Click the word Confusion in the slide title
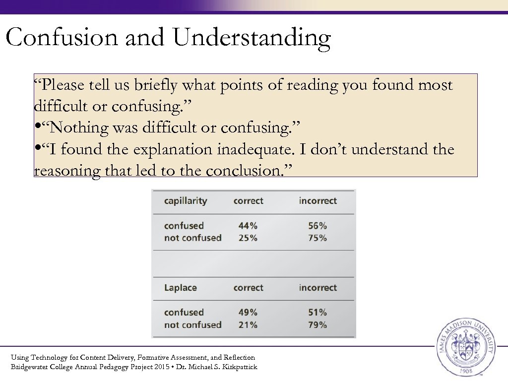62,38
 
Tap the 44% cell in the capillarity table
248,226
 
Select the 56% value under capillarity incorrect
317,226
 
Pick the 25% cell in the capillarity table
248,238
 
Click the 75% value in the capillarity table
317,238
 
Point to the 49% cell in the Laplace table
248,313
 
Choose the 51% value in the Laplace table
317,313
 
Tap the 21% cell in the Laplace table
248,325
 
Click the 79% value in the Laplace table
317,325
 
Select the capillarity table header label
186,201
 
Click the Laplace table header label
181,288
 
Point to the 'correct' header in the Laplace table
249,288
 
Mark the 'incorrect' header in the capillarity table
317,201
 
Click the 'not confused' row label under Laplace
192,325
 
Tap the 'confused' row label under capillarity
184,226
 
